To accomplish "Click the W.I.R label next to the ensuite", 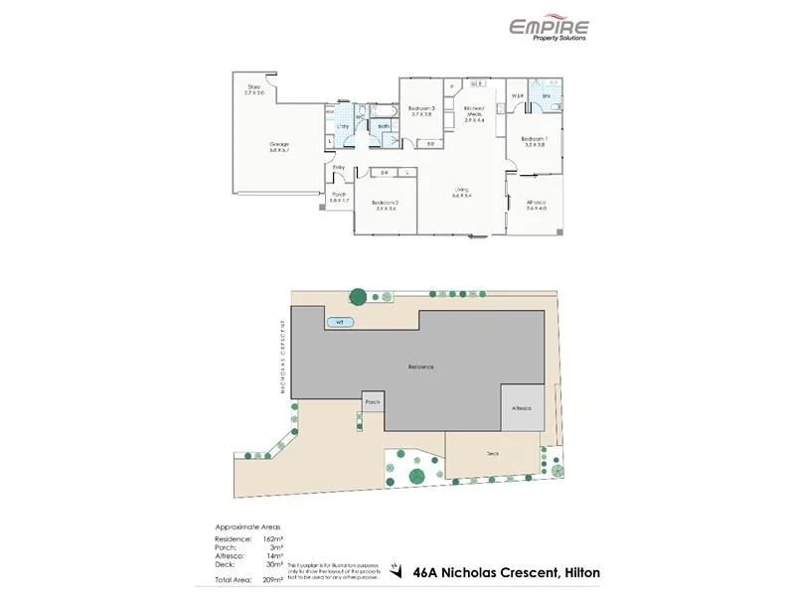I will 518,95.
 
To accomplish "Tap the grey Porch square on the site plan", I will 373,402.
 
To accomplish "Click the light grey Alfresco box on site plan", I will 522,408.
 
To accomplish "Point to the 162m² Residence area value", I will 273,537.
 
